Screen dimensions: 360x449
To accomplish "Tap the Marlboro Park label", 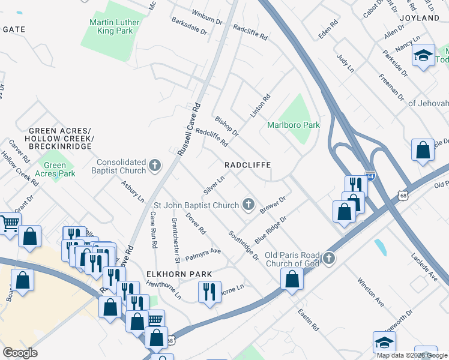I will point(293,125).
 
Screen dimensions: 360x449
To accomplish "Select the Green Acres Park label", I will point(55,169).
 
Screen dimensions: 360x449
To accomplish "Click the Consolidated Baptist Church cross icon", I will point(155,166).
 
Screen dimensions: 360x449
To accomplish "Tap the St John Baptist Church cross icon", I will point(248,205).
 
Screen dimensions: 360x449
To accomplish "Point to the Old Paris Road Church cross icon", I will point(328,259).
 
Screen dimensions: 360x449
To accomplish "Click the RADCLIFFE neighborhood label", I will point(248,164).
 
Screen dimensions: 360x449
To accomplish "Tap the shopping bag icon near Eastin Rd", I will point(292,278).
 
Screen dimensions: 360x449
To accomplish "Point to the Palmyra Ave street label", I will point(203,255).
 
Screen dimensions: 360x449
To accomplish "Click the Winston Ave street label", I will point(370,289).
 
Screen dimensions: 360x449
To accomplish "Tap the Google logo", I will point(20,353).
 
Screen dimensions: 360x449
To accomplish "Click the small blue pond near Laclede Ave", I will point(379,247).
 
